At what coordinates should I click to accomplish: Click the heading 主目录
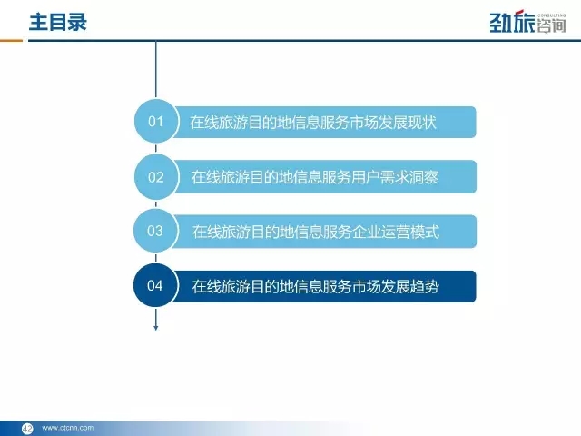(x=58, y=22)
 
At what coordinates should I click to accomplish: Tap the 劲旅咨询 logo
(x=527, y=22)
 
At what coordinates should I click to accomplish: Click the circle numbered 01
(x=155, y=121)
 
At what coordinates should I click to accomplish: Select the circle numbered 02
(x=155, y=177)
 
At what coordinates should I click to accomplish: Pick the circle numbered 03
(x=155, y=231)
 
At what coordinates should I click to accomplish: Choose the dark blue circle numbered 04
(x=155, y=285)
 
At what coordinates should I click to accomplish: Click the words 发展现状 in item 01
(x=408, y=122)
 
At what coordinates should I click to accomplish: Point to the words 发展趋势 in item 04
(x=410, y=287)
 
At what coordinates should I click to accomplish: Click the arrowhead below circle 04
(x=155, y=328)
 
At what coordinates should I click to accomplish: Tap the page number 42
(x=27, y=428)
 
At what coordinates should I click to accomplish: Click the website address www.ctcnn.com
(x=68, y=428)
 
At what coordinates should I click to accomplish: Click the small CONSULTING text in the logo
(x=551, y=15)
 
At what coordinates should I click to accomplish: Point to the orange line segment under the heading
(x=11, y=40)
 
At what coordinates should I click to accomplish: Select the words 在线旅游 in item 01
(x=219, y=122)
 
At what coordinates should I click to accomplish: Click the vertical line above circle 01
(x=155, y=69)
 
